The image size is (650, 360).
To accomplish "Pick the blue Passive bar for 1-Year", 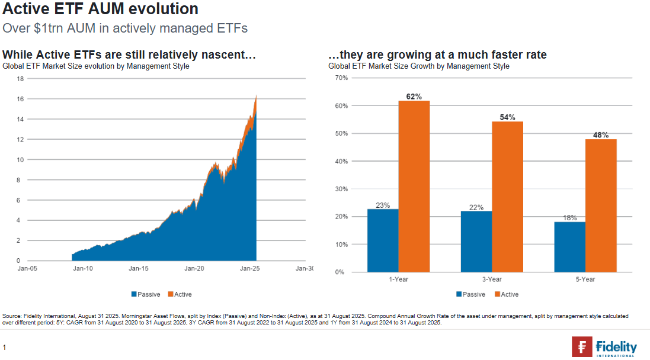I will pos(383,240).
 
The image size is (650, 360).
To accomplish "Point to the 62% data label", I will pos(414,96).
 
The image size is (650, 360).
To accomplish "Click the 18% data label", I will pos(569,217).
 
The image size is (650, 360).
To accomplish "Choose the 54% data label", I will pos(508,117).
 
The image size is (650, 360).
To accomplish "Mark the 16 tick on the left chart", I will pos(20,99).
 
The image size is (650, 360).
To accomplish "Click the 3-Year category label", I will pos(492,279).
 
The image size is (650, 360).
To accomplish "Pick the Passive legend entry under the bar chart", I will pos(471,294).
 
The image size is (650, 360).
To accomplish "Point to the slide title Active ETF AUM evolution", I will pos(100,9).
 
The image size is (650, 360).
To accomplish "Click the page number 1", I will pos(4,346).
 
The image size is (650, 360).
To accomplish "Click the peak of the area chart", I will pos(256,96).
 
